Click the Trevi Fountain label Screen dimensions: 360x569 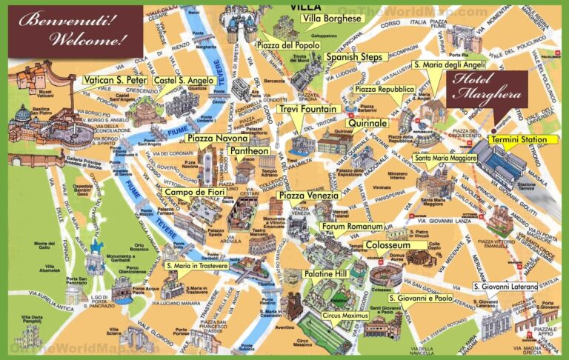click(308, 110)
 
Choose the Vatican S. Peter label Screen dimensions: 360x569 click(114, 80)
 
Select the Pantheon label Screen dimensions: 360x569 click(250, 151)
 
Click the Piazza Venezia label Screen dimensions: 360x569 click(307, 196)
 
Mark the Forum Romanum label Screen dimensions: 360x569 click(353, 227)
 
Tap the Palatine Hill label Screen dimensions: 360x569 click(325, 274)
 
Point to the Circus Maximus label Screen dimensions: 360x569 click(346, 316)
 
